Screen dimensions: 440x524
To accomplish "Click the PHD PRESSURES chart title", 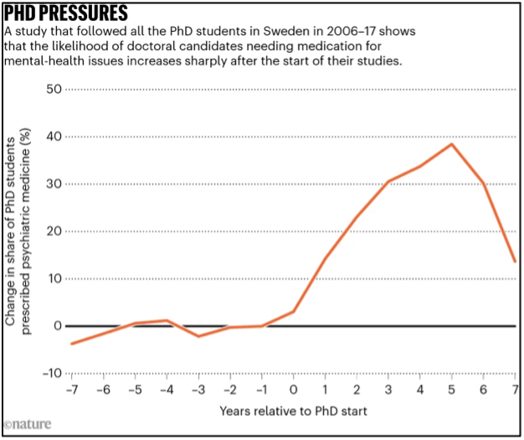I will pos(66,14).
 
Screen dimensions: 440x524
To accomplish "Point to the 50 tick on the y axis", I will pos(54,90).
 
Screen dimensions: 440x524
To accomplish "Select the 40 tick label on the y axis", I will pos(54,137).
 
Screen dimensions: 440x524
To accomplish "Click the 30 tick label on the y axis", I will pos(54,184).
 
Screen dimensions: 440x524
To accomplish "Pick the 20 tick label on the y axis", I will pos(54,231).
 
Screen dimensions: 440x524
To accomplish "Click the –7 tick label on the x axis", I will pos(72,391).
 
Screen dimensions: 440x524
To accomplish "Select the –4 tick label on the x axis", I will pos(167,391).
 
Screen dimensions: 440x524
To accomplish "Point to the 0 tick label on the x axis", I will pos(294,391).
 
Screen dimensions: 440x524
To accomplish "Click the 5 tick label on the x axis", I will pos(452,391).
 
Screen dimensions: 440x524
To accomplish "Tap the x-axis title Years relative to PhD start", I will pos(293,412).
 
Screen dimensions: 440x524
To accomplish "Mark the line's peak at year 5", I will pos(452,144).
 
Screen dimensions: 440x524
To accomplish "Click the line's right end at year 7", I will pos(515,261).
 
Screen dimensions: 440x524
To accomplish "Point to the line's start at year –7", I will pos(72,344).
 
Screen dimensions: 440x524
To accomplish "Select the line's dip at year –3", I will pos(198,336).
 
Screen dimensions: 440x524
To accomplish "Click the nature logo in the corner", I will pos(27,425).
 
